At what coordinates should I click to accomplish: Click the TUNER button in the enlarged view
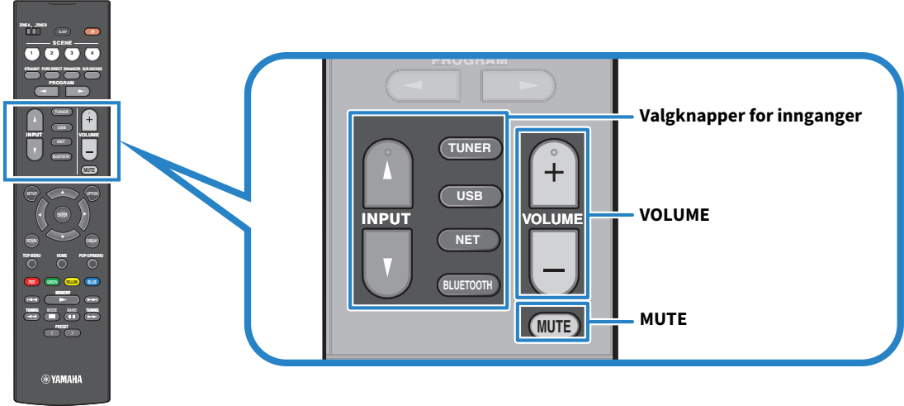pyautogui.click(x=470, y=149)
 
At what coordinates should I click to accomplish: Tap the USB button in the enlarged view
pyautogui.click(x=470, y=196)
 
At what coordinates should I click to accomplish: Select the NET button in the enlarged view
pyautogui.click(x=470, y=240)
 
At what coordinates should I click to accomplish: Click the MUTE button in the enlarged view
pyautogui.click(x=553, y=326)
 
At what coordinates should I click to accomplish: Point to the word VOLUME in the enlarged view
pyautogui.click(x=552, y=219)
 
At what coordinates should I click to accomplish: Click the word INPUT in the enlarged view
pyautogui.click(x=385, y=219)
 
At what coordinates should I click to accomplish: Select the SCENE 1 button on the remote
pyautogui.click(x=31, y=53)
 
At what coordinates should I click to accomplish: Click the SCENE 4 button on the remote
pyautogui.click(x=92, y=53)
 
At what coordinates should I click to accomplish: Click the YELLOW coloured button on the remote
pyautogui.click(x=72, y=281)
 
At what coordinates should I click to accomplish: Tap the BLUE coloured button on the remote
pyautogui.click(x=92, y=281)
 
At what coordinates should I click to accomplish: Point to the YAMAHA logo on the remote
pyautogui.click(x=62, y=380)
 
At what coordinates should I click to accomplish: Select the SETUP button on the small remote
pyautogui.click(x=31, y=194)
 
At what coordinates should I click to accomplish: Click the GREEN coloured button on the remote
pyautogui.click(x=51, y=281)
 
